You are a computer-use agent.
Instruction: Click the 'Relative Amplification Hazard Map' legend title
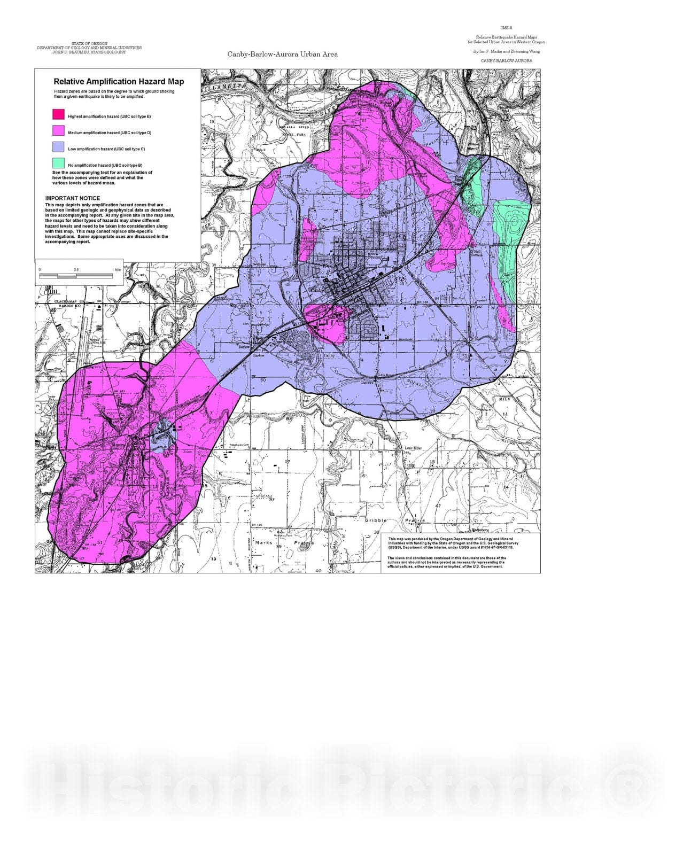119,82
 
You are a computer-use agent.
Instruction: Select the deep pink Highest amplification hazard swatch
58,114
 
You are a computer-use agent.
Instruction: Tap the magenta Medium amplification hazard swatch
58,131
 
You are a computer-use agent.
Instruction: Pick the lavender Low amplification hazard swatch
58,147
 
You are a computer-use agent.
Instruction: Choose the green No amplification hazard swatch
58,163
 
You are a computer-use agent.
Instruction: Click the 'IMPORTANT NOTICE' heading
73,198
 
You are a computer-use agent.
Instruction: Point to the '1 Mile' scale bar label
117,270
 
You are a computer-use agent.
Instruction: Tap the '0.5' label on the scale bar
76,270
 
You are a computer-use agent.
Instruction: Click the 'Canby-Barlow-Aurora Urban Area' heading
282,54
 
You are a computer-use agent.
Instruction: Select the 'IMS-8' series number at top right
507,27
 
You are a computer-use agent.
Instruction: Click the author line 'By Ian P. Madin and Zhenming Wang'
506,51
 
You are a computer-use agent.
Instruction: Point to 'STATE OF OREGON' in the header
89,43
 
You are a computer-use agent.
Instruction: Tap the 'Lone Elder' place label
413,448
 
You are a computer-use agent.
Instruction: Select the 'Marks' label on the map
264,542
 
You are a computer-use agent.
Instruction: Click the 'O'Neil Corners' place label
477,252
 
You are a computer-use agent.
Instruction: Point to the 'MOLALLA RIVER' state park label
294,127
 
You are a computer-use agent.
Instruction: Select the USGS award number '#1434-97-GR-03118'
491,547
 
